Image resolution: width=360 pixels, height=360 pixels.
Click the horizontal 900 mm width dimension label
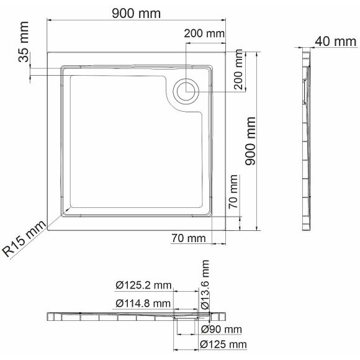point(135,13)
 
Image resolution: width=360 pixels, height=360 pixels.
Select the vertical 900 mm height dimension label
point(251,140)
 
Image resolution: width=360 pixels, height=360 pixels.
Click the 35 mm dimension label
point(24,51)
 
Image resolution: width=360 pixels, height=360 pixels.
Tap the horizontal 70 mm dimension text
point(189,238)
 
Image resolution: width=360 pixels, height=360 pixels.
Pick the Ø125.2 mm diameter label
point(143,285)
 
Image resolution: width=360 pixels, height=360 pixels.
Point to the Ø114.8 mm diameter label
point(143,303)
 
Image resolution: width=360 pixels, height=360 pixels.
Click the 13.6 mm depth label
point(205,285)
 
